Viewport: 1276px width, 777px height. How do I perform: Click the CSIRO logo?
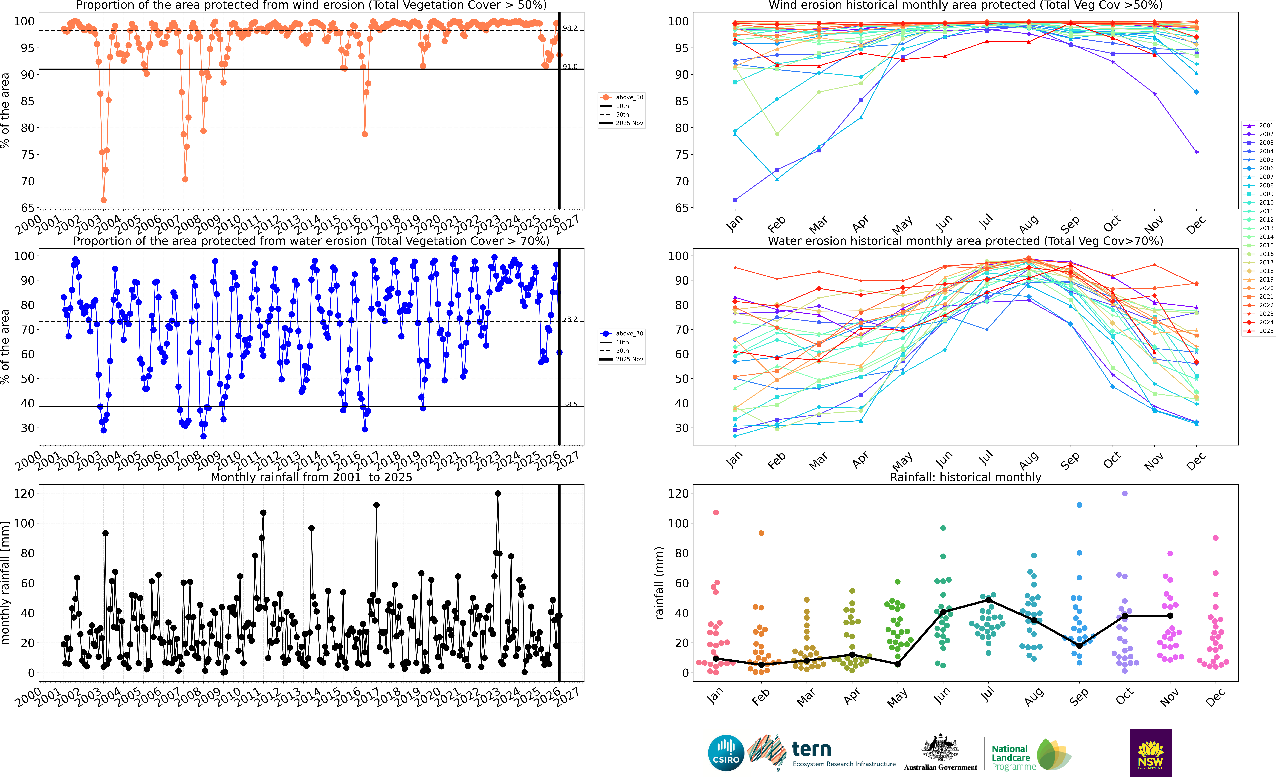(726, 753)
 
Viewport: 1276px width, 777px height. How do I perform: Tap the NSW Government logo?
(1150, 753)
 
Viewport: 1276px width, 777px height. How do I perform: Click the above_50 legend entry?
(621, 97)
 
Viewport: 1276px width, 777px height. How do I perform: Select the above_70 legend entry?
(621, 334)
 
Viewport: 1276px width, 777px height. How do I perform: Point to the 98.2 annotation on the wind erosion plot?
(570, 28)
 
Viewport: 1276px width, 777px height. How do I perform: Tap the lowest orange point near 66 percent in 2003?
(104, 200)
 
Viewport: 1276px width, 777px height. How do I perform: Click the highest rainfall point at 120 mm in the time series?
(498, 494)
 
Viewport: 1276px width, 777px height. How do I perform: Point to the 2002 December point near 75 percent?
(1196, 152)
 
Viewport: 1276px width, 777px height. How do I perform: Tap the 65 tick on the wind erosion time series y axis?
(27, 208)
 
